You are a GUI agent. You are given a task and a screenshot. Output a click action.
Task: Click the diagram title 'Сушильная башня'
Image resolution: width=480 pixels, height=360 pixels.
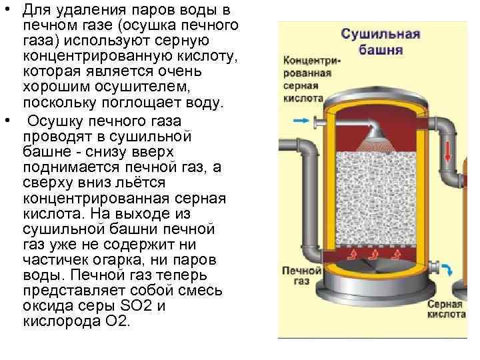[381, 41]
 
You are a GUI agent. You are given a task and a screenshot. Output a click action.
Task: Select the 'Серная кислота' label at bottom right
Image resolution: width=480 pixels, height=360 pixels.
[446, 307]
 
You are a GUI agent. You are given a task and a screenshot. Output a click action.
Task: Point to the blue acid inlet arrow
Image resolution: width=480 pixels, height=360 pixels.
[300, 121]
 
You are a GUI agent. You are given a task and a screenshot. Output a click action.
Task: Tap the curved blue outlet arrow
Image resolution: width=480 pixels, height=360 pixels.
[447, 270]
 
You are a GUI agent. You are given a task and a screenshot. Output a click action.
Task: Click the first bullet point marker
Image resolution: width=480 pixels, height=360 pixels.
[7, 11]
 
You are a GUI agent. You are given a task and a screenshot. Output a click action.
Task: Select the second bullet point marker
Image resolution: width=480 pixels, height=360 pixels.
[7, 121]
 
